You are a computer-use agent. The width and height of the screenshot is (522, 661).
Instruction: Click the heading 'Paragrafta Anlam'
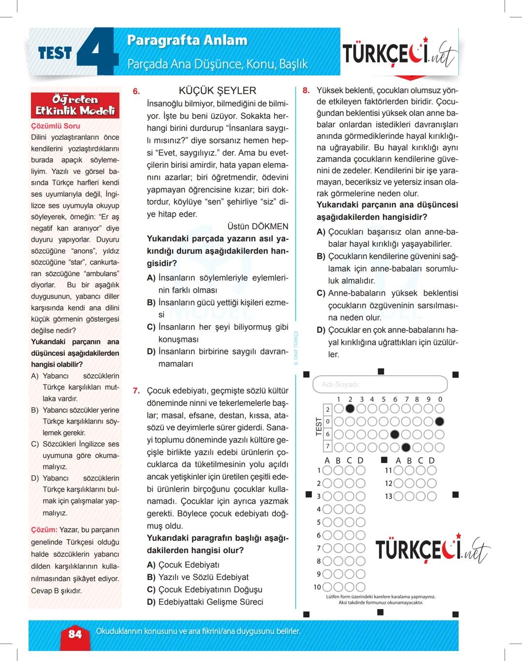tap(187, 40)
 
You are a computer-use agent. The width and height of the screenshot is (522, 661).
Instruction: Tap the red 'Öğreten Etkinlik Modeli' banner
tap(75, 105)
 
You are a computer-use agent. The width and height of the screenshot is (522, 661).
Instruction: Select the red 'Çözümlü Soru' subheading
tap(56, 126)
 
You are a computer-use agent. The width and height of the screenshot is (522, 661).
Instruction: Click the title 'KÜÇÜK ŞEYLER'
tap(217, 90)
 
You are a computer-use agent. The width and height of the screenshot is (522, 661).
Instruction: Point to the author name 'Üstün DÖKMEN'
tap(258, 226)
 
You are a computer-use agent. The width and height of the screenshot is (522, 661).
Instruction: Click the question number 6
tap(136, 91)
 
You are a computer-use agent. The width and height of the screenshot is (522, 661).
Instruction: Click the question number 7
tap(136, 391)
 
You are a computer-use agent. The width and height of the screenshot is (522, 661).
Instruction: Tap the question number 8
tap(306, 90)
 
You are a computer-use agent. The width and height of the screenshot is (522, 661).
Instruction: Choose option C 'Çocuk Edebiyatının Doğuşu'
tap(210, 589)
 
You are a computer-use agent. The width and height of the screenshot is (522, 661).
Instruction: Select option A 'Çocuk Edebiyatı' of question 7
tap(188, 565)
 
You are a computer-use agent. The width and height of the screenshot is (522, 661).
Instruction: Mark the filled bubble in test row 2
tap(350, 409)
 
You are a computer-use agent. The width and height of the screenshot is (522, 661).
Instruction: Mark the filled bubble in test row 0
tap(439, 422)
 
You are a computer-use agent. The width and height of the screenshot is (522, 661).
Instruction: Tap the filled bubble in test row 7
tap(406, 447)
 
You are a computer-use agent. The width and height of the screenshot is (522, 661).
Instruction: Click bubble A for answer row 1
tap(327, 470)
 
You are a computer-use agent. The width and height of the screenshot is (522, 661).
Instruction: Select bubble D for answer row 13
tap(432, 496)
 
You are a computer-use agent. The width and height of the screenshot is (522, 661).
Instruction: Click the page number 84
tap(75, 634)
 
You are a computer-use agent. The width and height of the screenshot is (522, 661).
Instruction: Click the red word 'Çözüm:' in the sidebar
tap(44, 530)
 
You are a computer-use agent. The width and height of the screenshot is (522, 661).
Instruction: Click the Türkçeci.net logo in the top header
tap(399, 54)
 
